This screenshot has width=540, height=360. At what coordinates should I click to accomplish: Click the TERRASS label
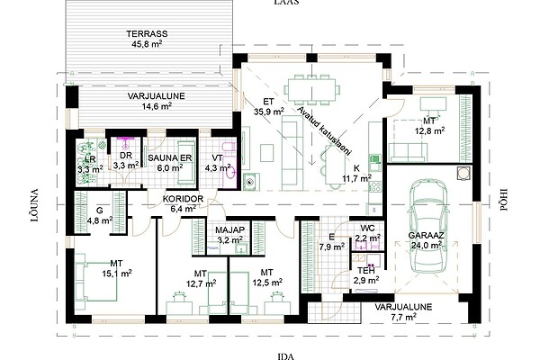(x=147, y=34)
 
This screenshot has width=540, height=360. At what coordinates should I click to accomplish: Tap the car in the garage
(x=428, y=227)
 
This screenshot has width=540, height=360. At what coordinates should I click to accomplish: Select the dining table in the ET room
(x=311, y=90)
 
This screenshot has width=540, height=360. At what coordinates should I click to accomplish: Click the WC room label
(x=368, y=229)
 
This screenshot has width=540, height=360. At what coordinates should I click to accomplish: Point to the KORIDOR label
(x=183, y=199)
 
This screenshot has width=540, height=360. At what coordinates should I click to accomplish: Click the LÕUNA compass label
(x=35, y=205)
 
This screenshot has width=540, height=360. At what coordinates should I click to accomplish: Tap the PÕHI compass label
(x=503, y=200)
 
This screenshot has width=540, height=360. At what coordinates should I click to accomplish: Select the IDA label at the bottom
(x=286, y=356)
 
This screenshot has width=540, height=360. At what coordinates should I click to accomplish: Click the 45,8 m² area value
(x=147, y=44)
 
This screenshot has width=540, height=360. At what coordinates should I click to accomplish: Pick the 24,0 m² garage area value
(x=427, y=245)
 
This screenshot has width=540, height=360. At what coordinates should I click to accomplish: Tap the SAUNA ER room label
(x=170, y=158)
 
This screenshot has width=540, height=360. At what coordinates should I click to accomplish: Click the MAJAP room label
(x=229, y=229)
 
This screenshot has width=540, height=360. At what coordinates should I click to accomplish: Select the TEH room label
(x=365, y=270)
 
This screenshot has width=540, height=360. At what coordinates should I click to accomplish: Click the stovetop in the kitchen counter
(x=375, y=187)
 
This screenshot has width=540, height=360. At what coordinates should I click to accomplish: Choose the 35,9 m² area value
(x=269, y=112)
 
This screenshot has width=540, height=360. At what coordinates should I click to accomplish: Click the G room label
(x=100, y=211)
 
